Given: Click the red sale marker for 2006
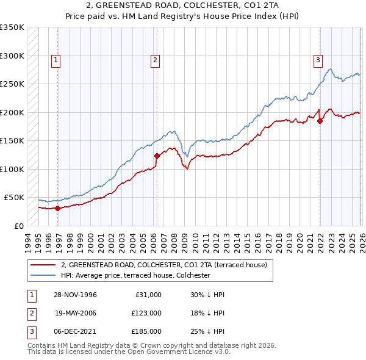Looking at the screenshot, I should point(157,156).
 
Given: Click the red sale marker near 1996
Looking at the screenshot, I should point(58,208).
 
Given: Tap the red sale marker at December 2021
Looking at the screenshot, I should point(320,121).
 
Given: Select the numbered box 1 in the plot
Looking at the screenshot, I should point(56,60).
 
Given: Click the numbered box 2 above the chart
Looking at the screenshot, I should point(156,60).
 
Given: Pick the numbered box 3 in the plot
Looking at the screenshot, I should point(318,60).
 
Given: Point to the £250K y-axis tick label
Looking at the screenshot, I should point(12,84).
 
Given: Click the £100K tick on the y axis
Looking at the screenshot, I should point(12,169).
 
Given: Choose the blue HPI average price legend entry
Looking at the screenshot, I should point(135,276).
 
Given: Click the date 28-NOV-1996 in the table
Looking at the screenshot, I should point(76,294).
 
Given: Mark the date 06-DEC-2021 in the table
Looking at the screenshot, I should point(76,332).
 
